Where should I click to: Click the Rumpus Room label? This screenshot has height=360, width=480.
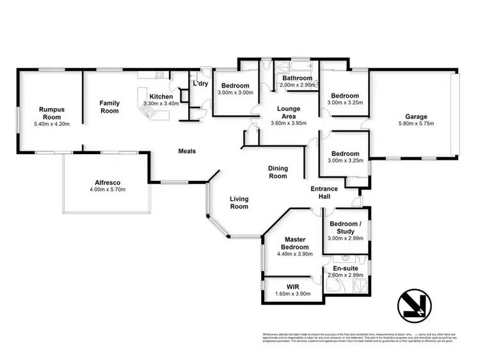point(54,113)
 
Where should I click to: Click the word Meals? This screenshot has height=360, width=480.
point(187,152)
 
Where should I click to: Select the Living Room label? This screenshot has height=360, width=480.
point(239,203)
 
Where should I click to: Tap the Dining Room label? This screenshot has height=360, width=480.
point(278,172)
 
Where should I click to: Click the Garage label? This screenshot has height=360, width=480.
point(416,117)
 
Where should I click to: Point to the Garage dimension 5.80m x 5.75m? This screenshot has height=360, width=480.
point(416,125)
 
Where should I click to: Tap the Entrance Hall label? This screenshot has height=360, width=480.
point(324,192)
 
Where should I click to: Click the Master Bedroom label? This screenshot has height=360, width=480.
point(295,244)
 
